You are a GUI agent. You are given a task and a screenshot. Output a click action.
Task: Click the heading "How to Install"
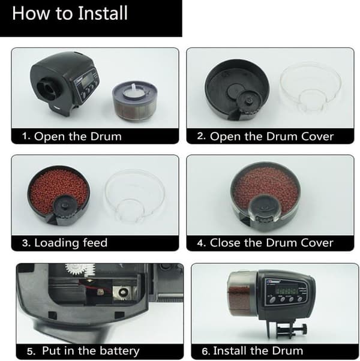tap(70, 13)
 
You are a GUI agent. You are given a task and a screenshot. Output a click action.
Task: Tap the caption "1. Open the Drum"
tap(71, 137)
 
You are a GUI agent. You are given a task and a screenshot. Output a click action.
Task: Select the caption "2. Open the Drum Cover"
tap(265, 137)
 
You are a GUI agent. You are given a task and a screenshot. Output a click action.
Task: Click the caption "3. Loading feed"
tap(65, 243)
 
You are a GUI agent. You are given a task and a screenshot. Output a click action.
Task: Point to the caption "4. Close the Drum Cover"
tap(265, 243)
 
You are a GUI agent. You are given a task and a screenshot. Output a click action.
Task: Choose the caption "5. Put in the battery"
tap(83, 351)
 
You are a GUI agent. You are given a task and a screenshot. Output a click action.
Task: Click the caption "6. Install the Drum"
tap(252, 351)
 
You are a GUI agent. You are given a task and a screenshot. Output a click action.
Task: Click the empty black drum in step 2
tap(237, 89)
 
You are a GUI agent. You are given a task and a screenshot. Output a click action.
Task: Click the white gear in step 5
tap(80, 269)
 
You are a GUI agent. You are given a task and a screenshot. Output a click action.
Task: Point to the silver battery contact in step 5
tap(122, 293)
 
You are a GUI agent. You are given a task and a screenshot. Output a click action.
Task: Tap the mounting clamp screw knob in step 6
tap(304, 328)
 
